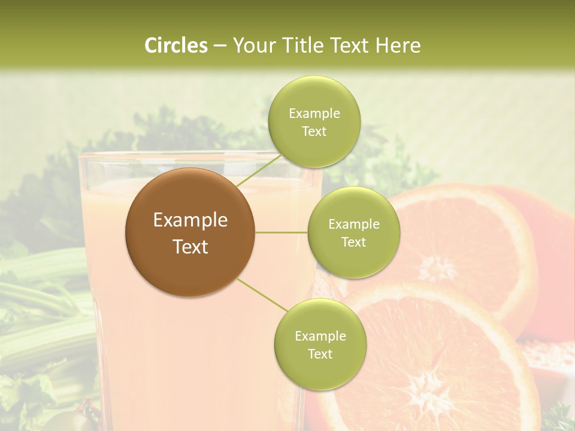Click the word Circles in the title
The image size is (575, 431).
pos(175,45)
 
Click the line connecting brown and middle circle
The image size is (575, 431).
pos(282,232)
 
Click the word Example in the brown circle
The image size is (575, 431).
pos(190,220)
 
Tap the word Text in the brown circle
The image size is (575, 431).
pos(190,246)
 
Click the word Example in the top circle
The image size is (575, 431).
pos(314,114)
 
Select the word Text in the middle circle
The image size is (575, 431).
pos(353,242)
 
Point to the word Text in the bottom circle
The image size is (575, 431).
pos(320,354)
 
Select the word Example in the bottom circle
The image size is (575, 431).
pos(320,336)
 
